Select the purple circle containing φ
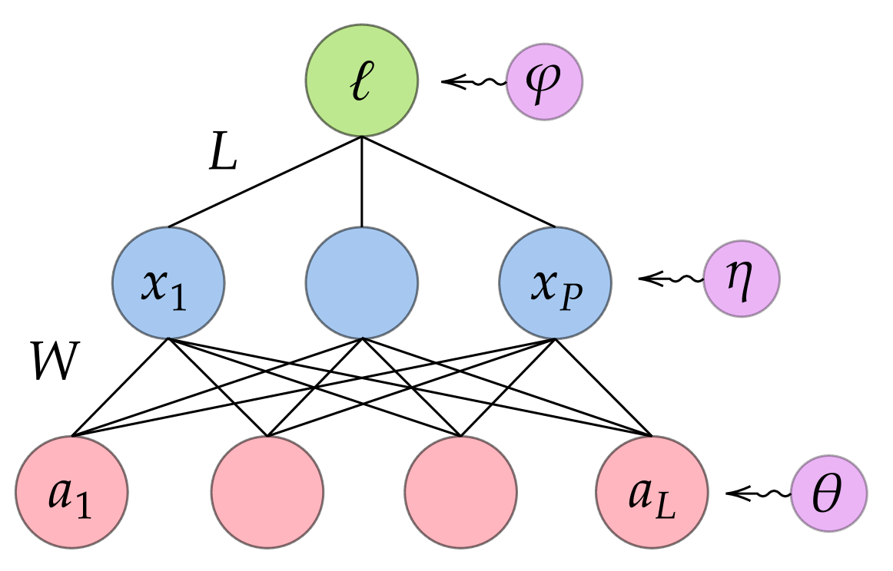pyautogui.click(x=544, y=81)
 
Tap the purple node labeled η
pyautogui.click(x=742, y=279)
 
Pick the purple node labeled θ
pyautogui.click(x=829, y=493)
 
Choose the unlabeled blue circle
pyautogui.click(x=361, y=282)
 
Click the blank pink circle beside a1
pyautogui.click(x=267, y=492)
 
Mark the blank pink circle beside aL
pyautogui.click(x=460, y=492)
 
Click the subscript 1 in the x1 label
pyautogui.click(x=178, y=296)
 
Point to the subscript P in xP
pyautogui.click(x=571, y=296)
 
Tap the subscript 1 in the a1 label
pyautogui.click(x=84, y=505)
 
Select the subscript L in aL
pyautogui.click(x=666, y=506)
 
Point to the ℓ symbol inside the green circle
pyautogui.click(x=360, y=81)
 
